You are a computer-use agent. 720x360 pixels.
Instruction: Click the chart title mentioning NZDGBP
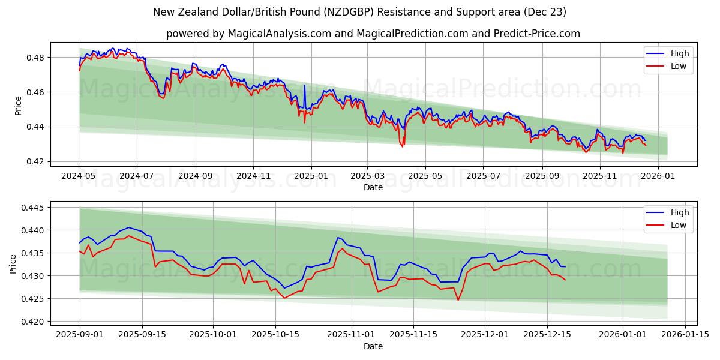[x=359, y=12]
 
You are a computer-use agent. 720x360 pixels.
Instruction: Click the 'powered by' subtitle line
[x=373, y=34]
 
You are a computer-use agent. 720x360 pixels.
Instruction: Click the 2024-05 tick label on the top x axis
[x=79, y=176]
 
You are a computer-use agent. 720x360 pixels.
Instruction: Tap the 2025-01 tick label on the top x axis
[x=311, y=176]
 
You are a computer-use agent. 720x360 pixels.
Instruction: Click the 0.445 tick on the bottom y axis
[x=33, y=208]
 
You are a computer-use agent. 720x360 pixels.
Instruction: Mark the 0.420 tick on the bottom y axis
[x=33, y=322]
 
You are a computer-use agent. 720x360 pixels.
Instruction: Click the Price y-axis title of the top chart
[x=18, y=105]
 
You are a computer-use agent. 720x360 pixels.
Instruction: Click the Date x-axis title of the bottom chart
[x=373, y=346]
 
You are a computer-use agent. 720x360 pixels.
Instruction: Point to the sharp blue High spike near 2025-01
[x=304, y=86]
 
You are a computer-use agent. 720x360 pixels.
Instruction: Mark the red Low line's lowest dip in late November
[x=458, y=299]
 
